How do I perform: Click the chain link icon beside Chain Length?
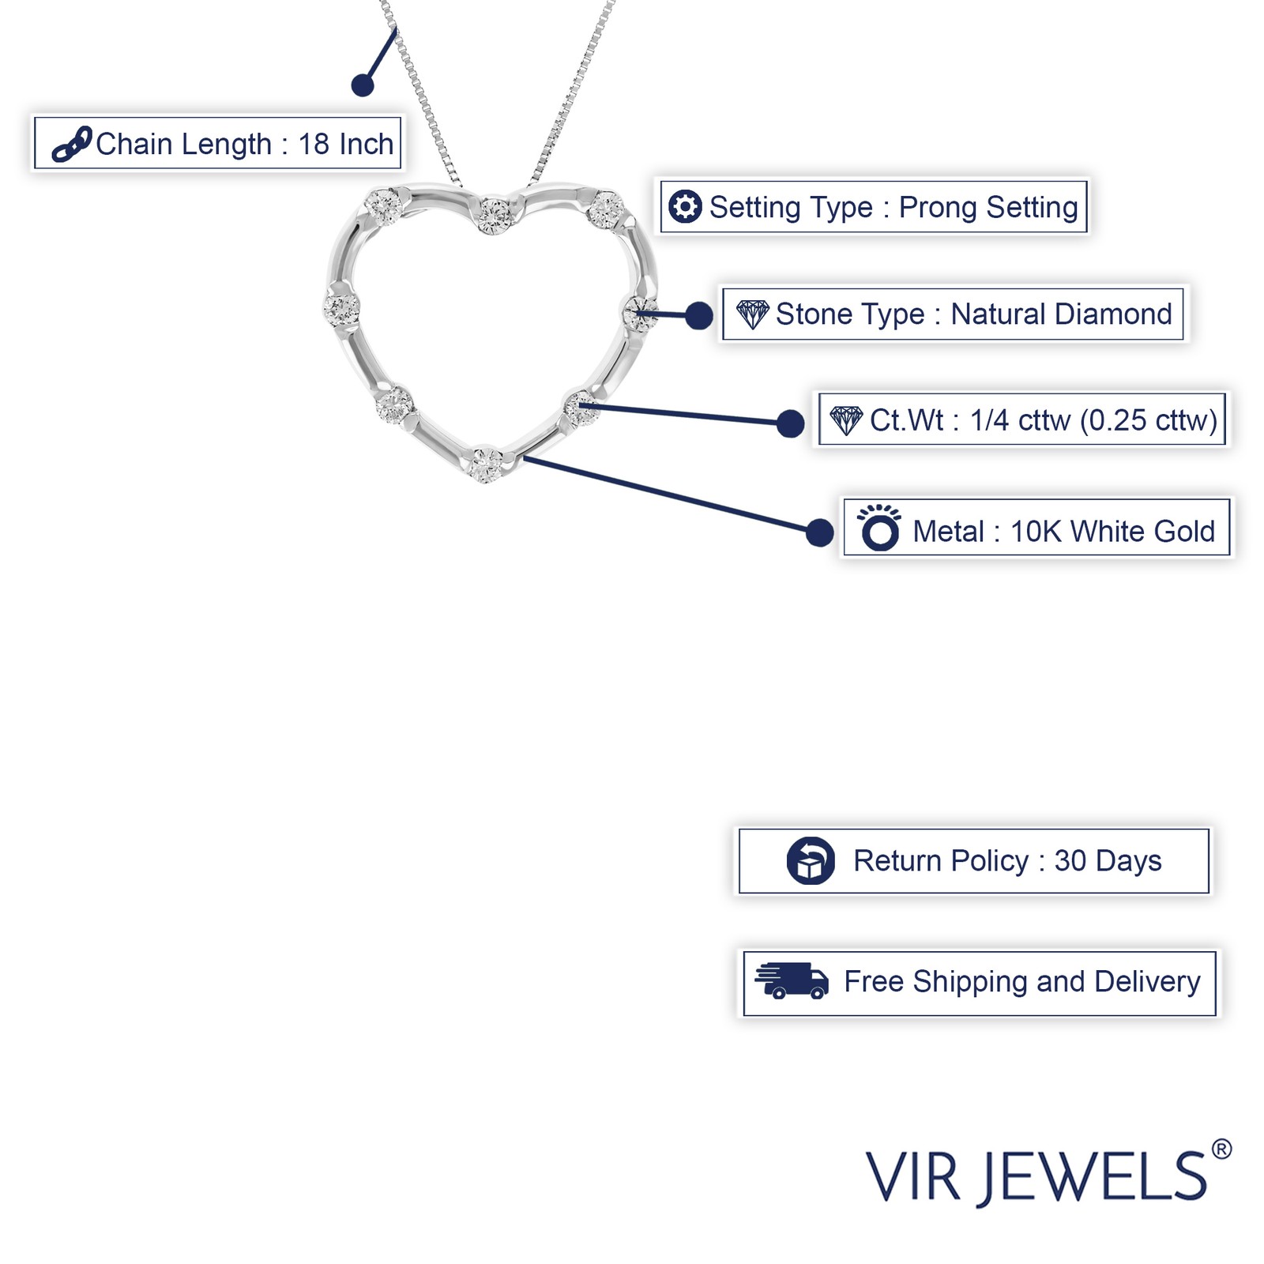click(72, 145)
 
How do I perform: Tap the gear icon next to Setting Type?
click(684, 207)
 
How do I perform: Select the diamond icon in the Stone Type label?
click(752, 314)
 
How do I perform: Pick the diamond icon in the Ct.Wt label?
click(846, 420)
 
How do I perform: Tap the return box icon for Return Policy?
click(811, 860)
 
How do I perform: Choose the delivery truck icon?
click(792, 981)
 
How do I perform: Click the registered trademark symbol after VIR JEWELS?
click(1221, 1149)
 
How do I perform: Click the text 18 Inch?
click(346, 145)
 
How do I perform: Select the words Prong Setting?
click(988, 207)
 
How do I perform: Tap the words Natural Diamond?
click(1061, 314)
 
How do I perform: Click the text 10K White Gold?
click(1112, 532)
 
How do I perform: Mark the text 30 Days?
click(1108, 860)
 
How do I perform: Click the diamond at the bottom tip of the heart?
click(485, 464)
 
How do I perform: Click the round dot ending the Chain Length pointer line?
click(363, 85)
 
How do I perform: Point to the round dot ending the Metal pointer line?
click(820, 532)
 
